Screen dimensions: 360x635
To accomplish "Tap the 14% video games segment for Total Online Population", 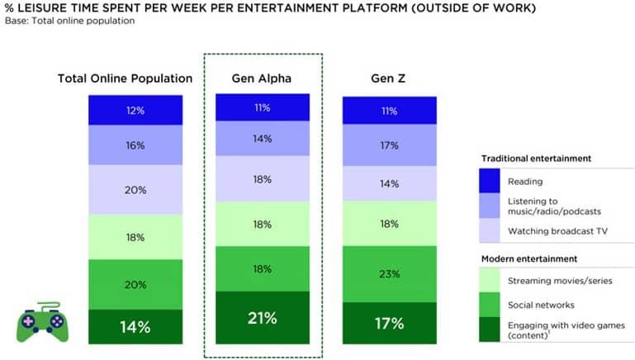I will click(135, 326).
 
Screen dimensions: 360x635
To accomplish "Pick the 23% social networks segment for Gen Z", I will click(390, 273).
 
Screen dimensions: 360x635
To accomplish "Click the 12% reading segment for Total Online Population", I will click(135, 110).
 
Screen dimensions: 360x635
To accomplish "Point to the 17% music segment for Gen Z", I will click(390, 145).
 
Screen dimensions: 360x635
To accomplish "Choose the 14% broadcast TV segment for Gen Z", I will click(390, 183).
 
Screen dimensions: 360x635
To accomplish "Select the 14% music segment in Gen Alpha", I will click(262, 139).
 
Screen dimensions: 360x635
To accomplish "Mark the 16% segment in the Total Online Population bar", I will click(135, 145).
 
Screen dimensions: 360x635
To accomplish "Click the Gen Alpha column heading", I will click(262, 78).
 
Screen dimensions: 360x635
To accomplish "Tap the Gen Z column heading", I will click(390, 78).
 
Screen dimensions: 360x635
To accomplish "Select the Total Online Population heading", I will click(125, 78).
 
